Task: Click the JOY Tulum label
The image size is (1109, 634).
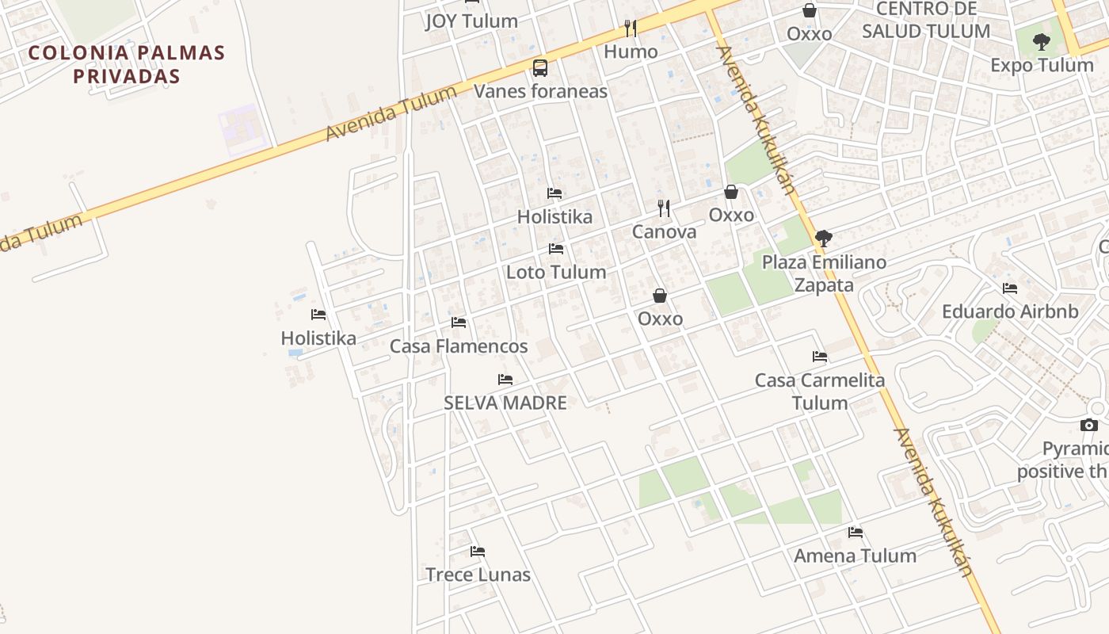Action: pyautogui.click(x=471, y=21)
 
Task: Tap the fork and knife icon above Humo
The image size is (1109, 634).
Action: pyautogui.click(x=631, y=29)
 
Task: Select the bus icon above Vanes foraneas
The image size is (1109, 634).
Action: pyautogui.click(x=540, y=67)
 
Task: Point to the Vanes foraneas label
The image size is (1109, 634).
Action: pyautogui.click(x=540, y=91)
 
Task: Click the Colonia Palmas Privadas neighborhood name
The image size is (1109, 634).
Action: pyautogui.click(x=127, y=64)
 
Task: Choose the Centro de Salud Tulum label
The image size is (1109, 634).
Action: pyautogui.click(x=925, y=21)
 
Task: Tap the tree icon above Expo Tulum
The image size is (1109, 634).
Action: pyautogui.click(x=1042, y=41)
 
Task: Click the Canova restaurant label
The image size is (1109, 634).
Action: pyautogui.click(x=664, y=232)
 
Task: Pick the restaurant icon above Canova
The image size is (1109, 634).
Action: pyautogui.click(x=664, y=208)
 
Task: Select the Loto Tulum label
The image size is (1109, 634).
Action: pyautogui.click(x=556, y=272)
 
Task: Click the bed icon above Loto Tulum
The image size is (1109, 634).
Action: pyautogui.click(x=556, y=249)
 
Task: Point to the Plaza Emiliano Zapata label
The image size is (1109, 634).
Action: pyautogui.click(x=824, y=273)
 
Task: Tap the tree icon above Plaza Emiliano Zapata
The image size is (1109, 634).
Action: pyautogui.click(x=824, y=238)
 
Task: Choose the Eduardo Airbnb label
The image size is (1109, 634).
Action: pyautogui.click(x=1010, y=311)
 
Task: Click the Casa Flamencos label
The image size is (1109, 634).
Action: pyautogui.click(x=459, y=346)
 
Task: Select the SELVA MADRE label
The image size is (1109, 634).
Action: pyautogui.click(x=505, y=403)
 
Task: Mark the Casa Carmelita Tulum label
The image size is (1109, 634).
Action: pyautogui.click(x=820, y=391)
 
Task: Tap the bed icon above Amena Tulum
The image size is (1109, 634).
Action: pyautogui.click(x=856, y=533)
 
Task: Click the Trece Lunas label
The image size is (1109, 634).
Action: pyautogui.click(x=478, y=575)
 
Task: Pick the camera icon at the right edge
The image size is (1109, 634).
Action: pyautogui.click(x=1089, y=426)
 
